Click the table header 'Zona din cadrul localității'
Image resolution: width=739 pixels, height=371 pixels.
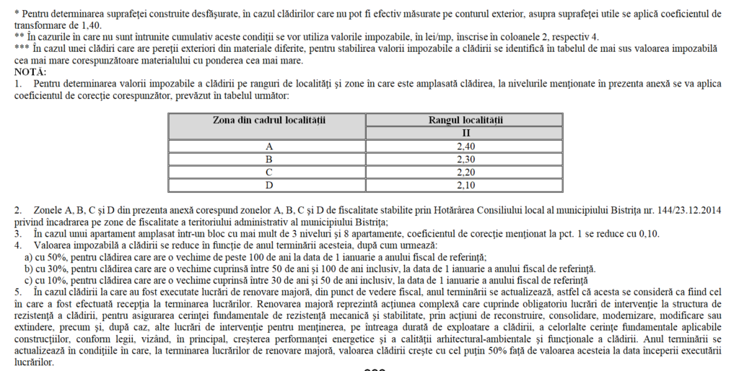click(x=268, y=121)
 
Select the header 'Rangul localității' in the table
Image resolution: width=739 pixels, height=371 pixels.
click(x=465, y=121)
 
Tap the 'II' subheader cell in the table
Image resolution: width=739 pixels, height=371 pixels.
click(x=465, y=133)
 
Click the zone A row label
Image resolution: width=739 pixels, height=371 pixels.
click(x=268, y=146)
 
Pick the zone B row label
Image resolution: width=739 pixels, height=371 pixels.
click(x=268, y=158)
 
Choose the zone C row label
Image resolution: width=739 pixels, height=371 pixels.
click(x=268, y=171)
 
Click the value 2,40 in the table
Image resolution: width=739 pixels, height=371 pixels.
click(x=465, y=146)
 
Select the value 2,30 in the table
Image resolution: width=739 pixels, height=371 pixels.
click(x=465, y=158)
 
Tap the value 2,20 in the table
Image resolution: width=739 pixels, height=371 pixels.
click(x=465, y=171)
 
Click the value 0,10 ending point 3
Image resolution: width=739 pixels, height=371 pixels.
click(x=647, y=234)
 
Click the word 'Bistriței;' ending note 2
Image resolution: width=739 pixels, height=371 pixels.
click(x=369, y=222)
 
